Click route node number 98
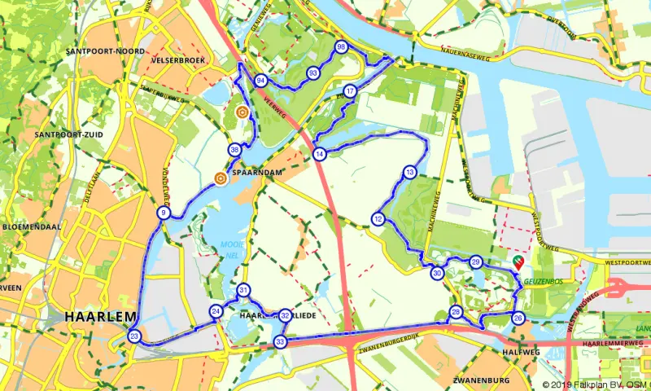coord(341,46)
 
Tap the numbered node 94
coord(260,81)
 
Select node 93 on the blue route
coord(312,73)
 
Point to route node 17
coord(349,90)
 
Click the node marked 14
coord(320,154)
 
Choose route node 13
coord(409,172)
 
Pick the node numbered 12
coord(378,218)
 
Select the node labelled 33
coord(281,342)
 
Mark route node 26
coord(518,318)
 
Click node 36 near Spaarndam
coord(235,150)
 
